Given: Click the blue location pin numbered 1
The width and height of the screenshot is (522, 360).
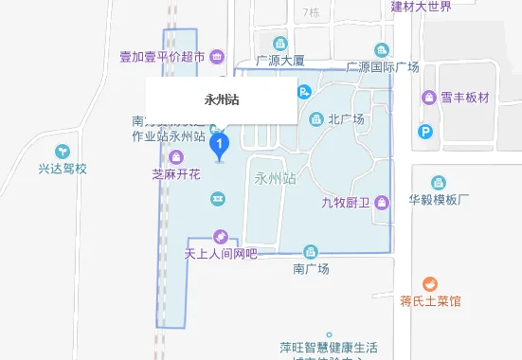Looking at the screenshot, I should [x=221, y=145].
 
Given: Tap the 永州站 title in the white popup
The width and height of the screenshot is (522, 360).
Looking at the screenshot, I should [x=221, y=99].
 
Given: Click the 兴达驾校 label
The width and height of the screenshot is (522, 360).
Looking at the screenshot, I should [x=63, y=169].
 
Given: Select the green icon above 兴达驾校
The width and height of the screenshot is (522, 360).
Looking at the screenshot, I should [x=63, y=151].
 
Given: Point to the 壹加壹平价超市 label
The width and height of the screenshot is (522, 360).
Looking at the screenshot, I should [x=162, y=57].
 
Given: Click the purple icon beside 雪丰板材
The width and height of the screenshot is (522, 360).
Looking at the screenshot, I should [x=426, y=98].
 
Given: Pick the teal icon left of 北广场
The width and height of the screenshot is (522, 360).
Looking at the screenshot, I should [x=315, y=118].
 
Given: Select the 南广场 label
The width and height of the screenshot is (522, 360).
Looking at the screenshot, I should [x=310, y=269].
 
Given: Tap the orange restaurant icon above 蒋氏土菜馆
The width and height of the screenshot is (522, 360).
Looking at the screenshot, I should [x=429, y=283].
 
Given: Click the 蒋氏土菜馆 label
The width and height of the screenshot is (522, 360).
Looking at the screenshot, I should [x=429, y=301].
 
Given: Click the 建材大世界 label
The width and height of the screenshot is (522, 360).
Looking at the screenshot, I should [x=421, y=7].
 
